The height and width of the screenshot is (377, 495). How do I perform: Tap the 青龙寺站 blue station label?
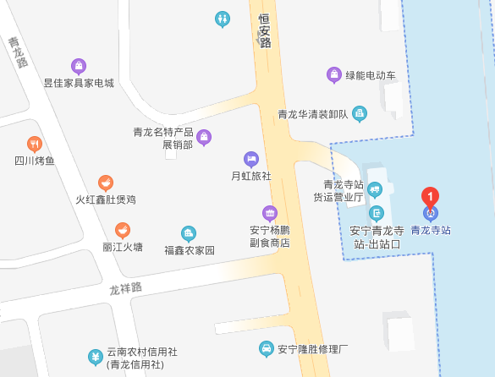tap(430, 229)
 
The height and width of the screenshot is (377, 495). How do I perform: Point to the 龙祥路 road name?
tap(125, 289)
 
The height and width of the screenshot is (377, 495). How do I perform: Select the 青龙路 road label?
tap(18, 52)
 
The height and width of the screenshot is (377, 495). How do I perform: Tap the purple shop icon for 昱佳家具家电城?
tap(78, 66)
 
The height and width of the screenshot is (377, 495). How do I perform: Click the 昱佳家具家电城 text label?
tap(79, 84)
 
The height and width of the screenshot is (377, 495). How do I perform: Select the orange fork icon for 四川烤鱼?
tap(35, 144)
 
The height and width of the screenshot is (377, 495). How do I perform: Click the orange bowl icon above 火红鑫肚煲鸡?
tap(106, 182)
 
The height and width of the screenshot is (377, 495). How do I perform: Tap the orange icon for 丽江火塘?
tap(123, 230)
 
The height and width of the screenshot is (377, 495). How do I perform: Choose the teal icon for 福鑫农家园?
tap(189, 233)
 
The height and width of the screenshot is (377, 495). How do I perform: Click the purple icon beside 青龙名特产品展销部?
tap(204, 137)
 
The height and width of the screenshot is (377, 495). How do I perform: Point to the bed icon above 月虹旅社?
tap(250, 158)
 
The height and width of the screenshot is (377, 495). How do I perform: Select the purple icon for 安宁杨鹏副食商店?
tap(269, 212)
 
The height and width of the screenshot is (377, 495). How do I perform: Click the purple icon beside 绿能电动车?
tap(335, 75)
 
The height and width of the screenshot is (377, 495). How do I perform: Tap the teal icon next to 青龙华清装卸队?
tap(360, 113)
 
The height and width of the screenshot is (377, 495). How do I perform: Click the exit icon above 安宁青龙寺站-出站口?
tap(376, 213)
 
